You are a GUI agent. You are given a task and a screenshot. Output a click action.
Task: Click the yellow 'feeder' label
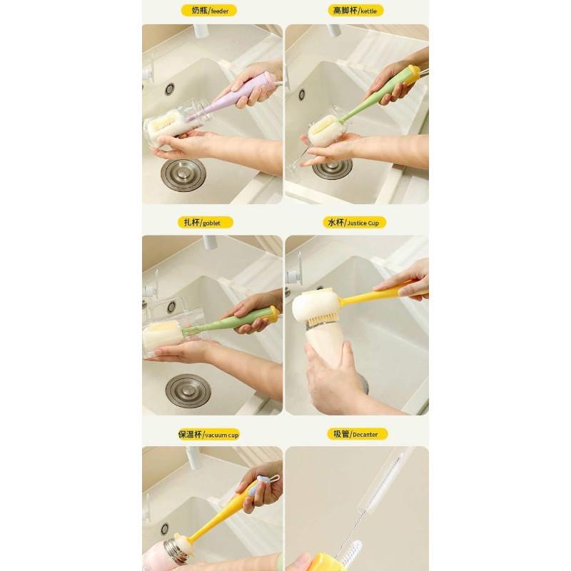pyautogui.click(x=208, y=11)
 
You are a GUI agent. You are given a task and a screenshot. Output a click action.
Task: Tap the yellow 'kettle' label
pyautogui.click(x=355, y=11)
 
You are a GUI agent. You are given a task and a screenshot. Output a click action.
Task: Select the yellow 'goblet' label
pyautogui.click(x=205, y=223)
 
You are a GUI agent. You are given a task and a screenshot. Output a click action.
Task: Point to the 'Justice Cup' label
pyautogui.click(x=354, y=223)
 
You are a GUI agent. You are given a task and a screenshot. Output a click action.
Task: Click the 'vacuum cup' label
pyautogui.click(x=208, y=435)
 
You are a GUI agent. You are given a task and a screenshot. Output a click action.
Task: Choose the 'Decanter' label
pyautogui.click(x=358, y=434)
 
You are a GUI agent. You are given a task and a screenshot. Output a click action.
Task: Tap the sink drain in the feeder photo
pyautogui.click(x=183, y=175)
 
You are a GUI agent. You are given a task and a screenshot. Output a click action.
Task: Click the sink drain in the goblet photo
pyautogui.click(x=188, y=391)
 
